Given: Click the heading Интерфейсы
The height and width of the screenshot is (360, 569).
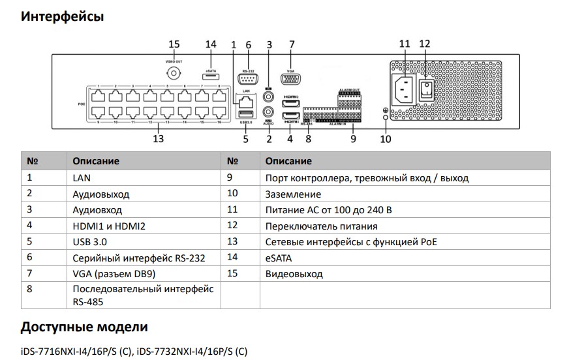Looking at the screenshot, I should pyautogui.click(x=62, y=16).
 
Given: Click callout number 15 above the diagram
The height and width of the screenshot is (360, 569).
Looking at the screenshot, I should pyautogui.click(x=174, y=44).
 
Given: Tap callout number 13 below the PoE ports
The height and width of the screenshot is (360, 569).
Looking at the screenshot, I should pyautogui.click(x=157, y=138).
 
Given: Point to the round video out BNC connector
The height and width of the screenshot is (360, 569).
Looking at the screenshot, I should pyautogui.click(x=174, y=74).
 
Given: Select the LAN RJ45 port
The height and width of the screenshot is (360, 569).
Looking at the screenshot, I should pyautogui.click(x=245, y=102).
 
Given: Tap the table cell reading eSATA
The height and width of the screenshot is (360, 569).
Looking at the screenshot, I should pyautogui.click(x=279, y=258).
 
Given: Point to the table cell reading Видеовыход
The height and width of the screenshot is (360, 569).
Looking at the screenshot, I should pyautogui.click(x=294, y=274).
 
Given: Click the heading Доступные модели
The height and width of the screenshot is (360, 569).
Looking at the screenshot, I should pyautogui.click(x=84, y=327).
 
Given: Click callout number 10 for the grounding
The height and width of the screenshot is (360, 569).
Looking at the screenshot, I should pyautogui.click(x=386, y=138).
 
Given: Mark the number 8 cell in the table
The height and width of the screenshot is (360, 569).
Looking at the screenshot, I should pyautogui.click(x=30, y=289).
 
